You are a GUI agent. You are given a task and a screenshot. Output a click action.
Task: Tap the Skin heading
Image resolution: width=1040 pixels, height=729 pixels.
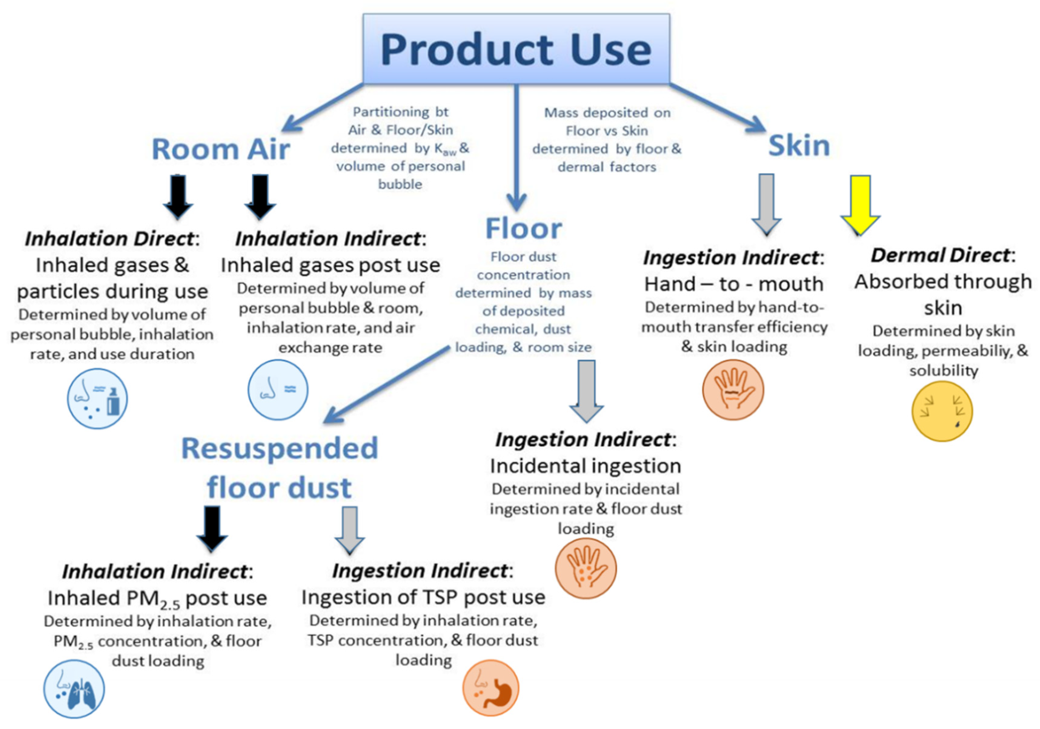[x=799, y=146]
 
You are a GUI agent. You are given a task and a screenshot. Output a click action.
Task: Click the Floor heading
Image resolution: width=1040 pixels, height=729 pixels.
[x=523, y=228]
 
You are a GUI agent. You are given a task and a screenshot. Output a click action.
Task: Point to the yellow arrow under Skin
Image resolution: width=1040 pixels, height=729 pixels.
[x=860, y=204]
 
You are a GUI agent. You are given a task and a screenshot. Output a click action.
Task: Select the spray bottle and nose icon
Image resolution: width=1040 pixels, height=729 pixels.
[x=97, y=399]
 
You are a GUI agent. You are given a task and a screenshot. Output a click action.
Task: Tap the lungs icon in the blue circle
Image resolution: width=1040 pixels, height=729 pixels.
[x=74, y=689]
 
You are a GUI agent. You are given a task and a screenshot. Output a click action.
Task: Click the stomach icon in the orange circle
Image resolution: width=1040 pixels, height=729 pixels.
[x=490, y=688]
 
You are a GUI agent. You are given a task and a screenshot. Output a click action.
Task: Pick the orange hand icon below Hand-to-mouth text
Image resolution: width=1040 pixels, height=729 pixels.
[x=733, y=390]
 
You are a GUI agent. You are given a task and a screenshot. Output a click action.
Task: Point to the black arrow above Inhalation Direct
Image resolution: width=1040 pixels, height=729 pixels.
[x=178, y=197]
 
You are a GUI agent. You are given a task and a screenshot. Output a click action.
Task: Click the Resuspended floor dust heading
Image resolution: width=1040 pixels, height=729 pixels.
[x=280, y=468]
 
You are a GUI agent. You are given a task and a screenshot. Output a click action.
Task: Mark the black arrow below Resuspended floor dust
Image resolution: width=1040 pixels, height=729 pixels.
[x=212, y=528]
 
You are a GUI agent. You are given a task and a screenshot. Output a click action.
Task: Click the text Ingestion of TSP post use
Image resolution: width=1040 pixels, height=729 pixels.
[x=423, y=597]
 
